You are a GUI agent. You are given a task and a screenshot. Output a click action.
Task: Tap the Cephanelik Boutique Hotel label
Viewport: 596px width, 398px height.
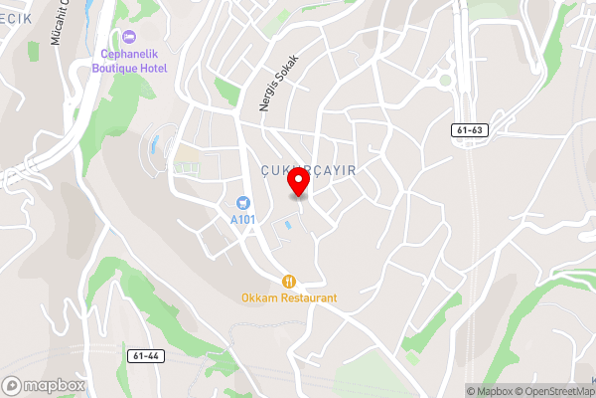tap(131, 62)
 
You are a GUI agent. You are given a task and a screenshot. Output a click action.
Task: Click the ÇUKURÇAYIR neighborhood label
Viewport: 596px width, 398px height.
tap(308, 170)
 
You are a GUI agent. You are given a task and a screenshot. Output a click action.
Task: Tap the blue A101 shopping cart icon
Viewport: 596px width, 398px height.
tap(242, 202)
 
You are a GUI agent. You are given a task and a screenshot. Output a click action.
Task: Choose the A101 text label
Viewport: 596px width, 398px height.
tap(242, 219)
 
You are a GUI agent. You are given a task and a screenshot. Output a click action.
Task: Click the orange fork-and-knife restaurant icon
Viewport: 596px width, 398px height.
tap(289, 281)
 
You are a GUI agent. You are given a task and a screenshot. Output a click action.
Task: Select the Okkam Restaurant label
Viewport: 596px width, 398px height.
tap(289, 298)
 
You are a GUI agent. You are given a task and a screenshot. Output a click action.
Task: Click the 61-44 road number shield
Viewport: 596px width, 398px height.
tap(145, 354)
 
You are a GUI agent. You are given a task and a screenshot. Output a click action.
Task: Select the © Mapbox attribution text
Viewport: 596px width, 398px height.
tap(489, 391)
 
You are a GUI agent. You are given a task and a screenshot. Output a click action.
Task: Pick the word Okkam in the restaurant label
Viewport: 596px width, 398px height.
tap(257, 298)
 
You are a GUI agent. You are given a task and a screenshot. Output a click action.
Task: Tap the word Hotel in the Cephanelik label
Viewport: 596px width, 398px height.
tap(154, 69)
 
